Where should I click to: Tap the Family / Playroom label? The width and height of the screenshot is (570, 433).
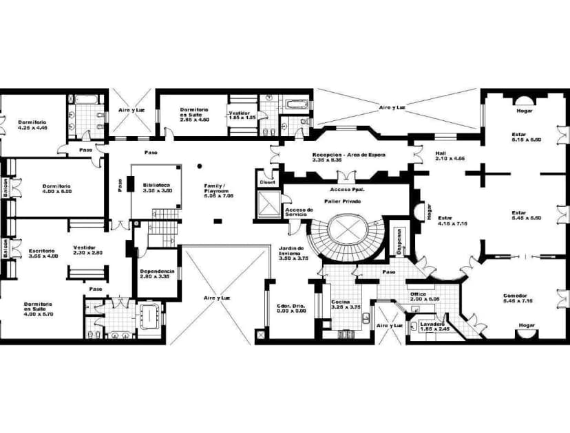pyautogui.click(x=219, y=190)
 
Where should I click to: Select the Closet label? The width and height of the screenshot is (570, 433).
pyautogui.click(x=267, y=182)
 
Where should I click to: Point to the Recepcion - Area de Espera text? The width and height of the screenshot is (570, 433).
pyautogui.click(x=348, y=155)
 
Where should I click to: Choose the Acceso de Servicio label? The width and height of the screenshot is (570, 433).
pyautogui.click(x=300, y=212)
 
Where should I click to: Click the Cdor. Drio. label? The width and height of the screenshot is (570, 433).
pyautogui.click(x=292, y=307)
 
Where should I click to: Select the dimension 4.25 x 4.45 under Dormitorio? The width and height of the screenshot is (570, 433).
pyautogui.click(x=32, y=127)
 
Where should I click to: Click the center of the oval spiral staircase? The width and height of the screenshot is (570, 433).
pyautogui.click(x=347, y=228)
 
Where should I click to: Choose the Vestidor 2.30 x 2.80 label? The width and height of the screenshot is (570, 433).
pyautogui.click(x=88, y=250)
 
